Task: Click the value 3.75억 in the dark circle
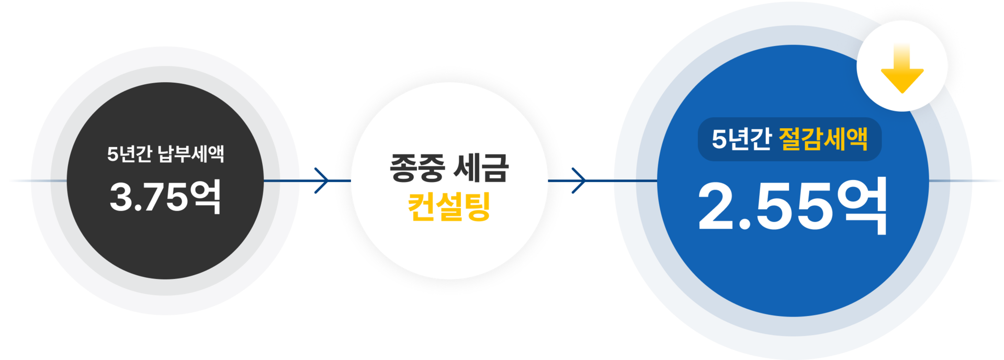(165, 197)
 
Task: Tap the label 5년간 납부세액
(165, 154)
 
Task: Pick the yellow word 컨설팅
(449, 207)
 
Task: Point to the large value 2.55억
(793, 206)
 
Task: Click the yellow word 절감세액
(823, 139)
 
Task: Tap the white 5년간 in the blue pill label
(741, 139)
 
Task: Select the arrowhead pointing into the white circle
(323, 181)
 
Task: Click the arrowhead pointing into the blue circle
(579, 181)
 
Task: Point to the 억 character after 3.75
(206, 197)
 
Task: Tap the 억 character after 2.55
(862, 206)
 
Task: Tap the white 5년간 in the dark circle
(129, 154)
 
